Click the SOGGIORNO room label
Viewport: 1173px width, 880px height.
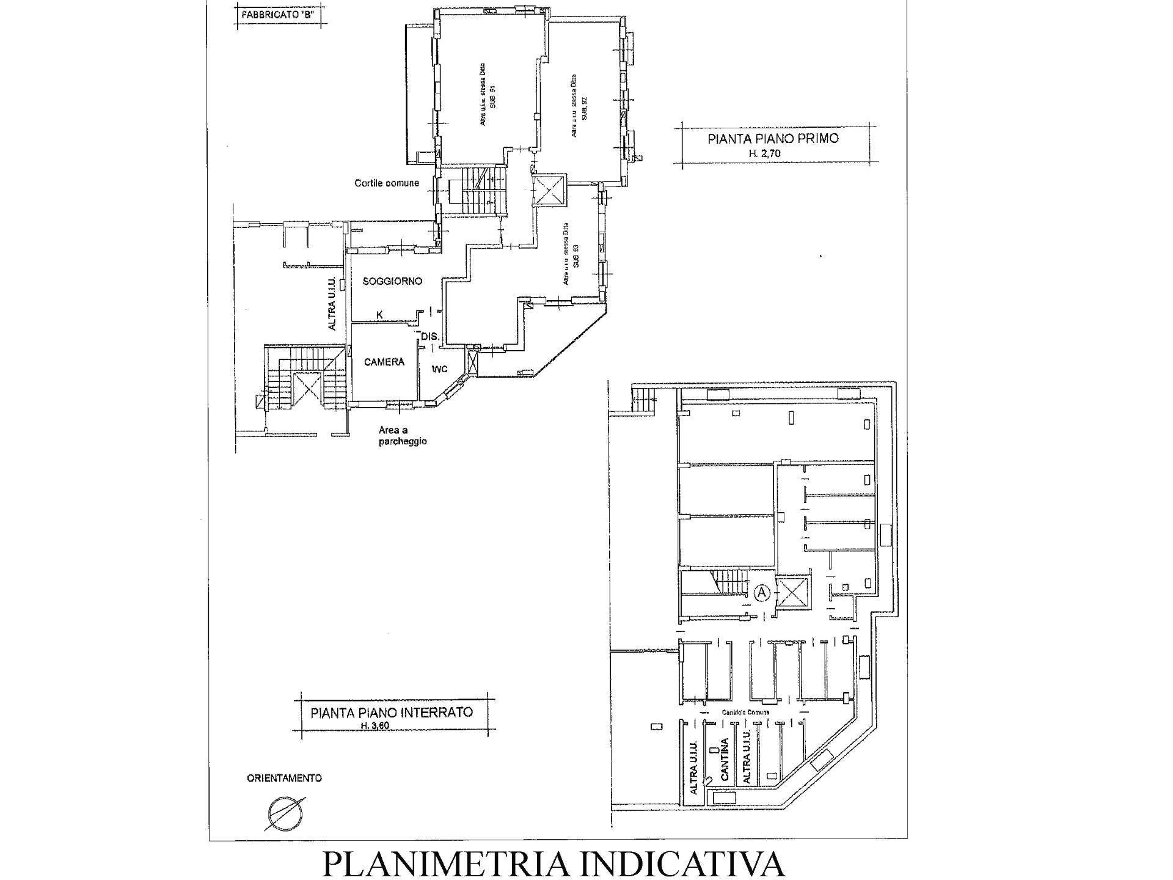click(x=392, y=281)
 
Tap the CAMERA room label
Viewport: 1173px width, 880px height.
click(x=384, y=362)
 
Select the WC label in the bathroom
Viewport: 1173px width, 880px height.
click(x=440, y=369)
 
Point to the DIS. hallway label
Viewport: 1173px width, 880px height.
click(x=429, y=336)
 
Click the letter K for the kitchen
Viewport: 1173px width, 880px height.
click(x=379, y=315)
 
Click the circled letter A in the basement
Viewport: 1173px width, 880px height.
click(x=762, y=592)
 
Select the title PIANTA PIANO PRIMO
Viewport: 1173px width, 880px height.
click(x=773, y=139)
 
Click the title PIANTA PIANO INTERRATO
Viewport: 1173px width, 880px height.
click(x=392, y=712)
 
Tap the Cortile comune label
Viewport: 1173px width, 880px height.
click(x=387, y=183)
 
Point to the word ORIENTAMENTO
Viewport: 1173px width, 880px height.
click(x=284, y=778)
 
